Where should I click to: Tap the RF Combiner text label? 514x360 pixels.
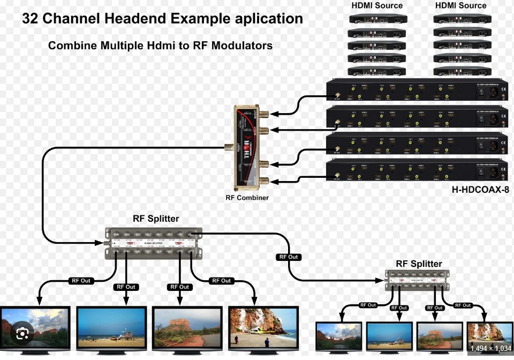point(247,198)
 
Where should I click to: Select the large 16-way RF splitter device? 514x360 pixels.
point(154,243)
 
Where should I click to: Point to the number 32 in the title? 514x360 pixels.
point(30,19)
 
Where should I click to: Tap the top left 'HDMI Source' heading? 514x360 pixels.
point(377,5)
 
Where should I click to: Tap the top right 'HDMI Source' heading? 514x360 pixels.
point(460,5)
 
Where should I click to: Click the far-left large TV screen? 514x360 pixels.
point(35,329)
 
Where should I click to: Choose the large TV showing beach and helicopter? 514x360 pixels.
point(263,329)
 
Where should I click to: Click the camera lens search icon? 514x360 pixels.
point(22,334)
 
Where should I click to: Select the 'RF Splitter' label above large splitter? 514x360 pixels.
point(156,219)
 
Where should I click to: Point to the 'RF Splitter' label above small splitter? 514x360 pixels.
point(419,264)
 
